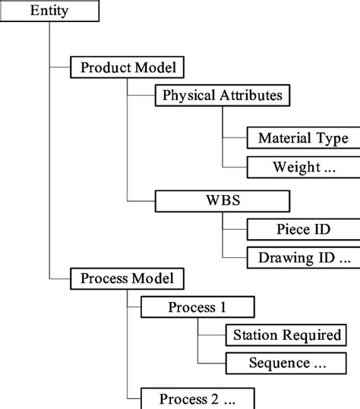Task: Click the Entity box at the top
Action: coord(49,11)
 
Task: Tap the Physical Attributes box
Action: coord(222,96)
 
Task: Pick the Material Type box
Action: coord(303,138)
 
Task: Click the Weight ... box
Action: coord(303,167)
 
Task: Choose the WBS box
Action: coord(222,201)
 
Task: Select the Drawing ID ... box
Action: coord(303,258)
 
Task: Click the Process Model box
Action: coord(127,278)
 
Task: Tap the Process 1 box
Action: coord(197,307)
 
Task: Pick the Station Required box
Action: coord(288,335)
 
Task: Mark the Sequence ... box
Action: coord(288,363)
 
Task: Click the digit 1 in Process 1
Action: coord(223,307)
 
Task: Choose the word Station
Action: coord(259,335)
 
